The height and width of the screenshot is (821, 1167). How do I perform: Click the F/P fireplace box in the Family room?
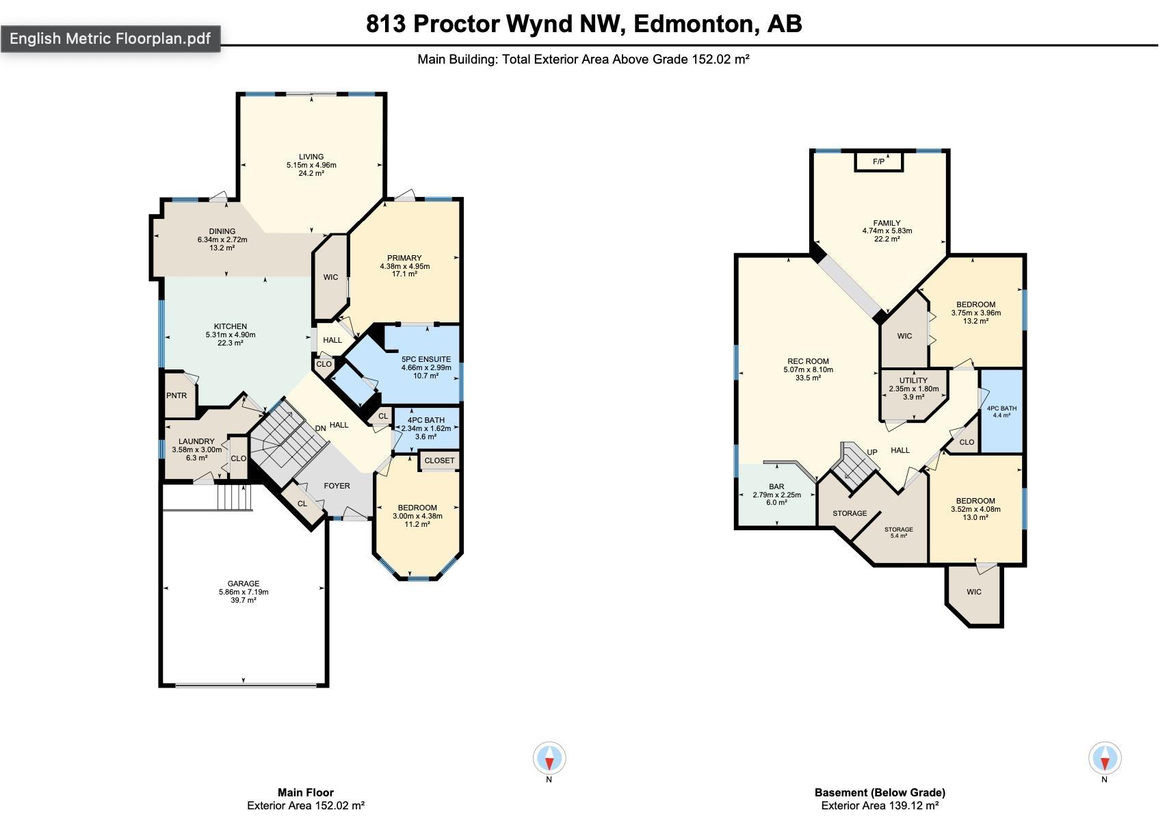point(878,161)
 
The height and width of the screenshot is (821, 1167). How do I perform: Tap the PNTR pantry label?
point(176,395)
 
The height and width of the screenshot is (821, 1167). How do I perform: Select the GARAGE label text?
point(244,584)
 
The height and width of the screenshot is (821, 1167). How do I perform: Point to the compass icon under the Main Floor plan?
point(549,757)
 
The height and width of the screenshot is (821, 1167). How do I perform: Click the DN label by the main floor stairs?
point(320,428)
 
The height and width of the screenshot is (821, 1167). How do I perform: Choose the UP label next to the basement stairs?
point(872,452)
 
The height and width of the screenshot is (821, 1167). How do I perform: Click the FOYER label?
point(337,486)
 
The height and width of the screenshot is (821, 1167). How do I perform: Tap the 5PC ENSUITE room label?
point(426,359)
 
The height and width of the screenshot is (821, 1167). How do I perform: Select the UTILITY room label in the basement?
point(913,380)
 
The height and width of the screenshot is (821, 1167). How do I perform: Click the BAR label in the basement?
point(776,486)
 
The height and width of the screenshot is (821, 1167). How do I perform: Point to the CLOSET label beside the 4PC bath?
point(439,460)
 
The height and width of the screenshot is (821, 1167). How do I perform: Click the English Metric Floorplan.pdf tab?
point(110,38)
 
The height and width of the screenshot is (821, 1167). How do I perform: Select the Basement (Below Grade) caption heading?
point(880,792)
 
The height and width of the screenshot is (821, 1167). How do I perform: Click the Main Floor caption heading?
point(306,792)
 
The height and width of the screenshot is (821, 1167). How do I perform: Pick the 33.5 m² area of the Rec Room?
point(808,378)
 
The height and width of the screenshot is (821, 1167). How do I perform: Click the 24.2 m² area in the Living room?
point(311,173)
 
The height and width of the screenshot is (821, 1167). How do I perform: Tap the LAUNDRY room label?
point(196,441)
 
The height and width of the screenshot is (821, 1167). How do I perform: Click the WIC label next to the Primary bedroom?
point(331,277)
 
